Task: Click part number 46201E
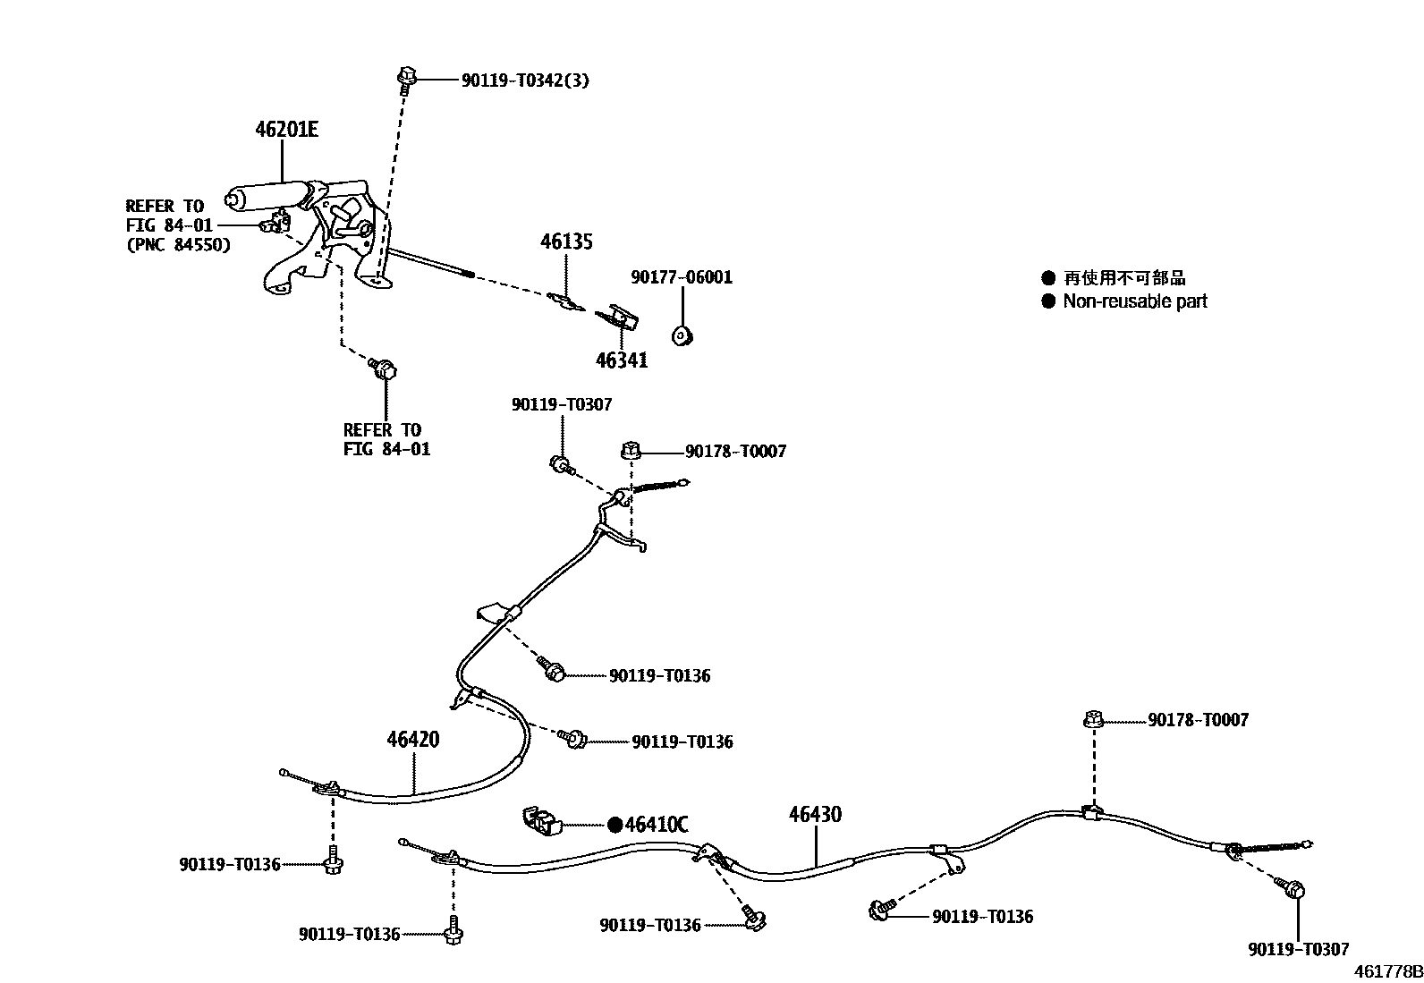pos(286,130)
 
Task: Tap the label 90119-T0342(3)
pos(525,81)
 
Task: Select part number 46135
pos(566,242)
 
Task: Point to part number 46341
pos(622,360)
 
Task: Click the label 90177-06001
pos(682,277)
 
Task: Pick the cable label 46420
pos(413,740)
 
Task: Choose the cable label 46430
pos(815,815)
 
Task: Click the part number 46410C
pos(657,825)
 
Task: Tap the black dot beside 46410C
pos(615,825)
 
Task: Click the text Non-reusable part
pos(1134,301)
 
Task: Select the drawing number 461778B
pos(1387,971)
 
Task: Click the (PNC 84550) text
pos(178,244)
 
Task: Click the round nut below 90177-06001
pos(684,335)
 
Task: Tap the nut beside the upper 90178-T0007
pos(630,451)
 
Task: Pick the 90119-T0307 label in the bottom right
pos(1299,950)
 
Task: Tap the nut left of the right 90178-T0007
pos(1092,719)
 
